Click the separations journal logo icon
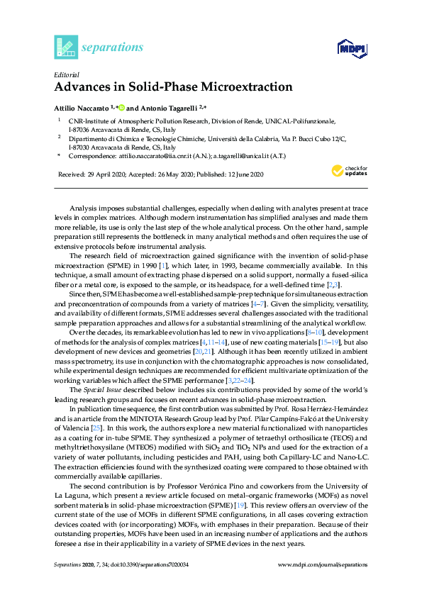65,47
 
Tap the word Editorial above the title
66,74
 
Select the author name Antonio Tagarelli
167,108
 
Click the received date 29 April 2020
97,174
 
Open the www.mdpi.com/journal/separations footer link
323,565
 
